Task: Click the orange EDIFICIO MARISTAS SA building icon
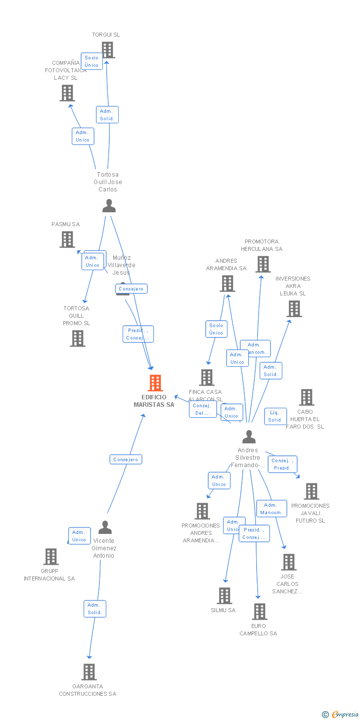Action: coord(155,383)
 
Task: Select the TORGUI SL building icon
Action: coord(108,50)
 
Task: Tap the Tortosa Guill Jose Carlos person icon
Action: coord(109,205)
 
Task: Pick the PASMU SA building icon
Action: coord(67,240)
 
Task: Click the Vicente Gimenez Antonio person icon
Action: coord(105,528)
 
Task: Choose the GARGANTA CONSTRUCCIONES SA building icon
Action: coord(89,672)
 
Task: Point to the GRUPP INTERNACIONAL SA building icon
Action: coord(51,557)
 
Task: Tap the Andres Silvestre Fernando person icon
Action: coord(249,437)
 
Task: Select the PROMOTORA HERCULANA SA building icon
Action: coord(263,264)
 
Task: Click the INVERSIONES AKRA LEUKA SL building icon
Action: coord(294,309)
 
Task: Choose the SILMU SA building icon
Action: coord(225,596)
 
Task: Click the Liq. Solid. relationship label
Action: coord(275,416)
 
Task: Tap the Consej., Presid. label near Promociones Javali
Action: coord(282,464)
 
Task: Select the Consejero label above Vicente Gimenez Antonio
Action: coord(126,460)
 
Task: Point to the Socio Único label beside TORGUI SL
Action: coord(91,61)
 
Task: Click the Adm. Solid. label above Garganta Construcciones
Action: coord(94,609)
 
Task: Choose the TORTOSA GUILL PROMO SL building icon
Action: coord(78,338)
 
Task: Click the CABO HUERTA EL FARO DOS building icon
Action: coord(307,397)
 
